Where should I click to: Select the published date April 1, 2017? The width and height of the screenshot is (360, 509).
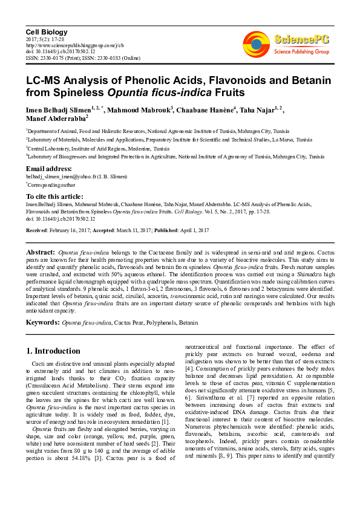(x=192, y=230)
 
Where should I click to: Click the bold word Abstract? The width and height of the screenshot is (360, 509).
(x=41, y=251)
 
